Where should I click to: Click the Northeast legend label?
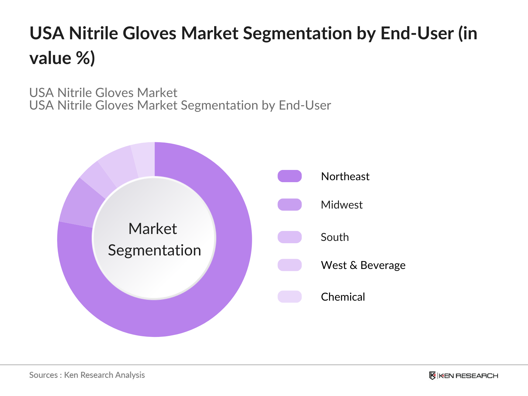pos(345,177)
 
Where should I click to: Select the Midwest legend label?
pos(342,205)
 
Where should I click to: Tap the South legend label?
pos(335,237)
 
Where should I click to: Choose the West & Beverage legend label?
pos(363,265)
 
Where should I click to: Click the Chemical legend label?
pos(343,297)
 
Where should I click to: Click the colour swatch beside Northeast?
pos(290,176)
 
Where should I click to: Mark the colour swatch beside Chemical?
pos(290,297)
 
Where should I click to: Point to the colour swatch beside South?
pos(290,237)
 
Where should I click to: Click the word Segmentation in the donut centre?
pos(154,250)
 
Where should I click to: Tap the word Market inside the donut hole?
pos(153,229)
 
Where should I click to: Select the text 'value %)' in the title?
pos(62,58)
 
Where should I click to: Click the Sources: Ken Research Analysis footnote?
pos(87,375)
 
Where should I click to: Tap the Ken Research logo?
pos(463,376)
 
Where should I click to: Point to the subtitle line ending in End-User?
pos(180,106)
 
